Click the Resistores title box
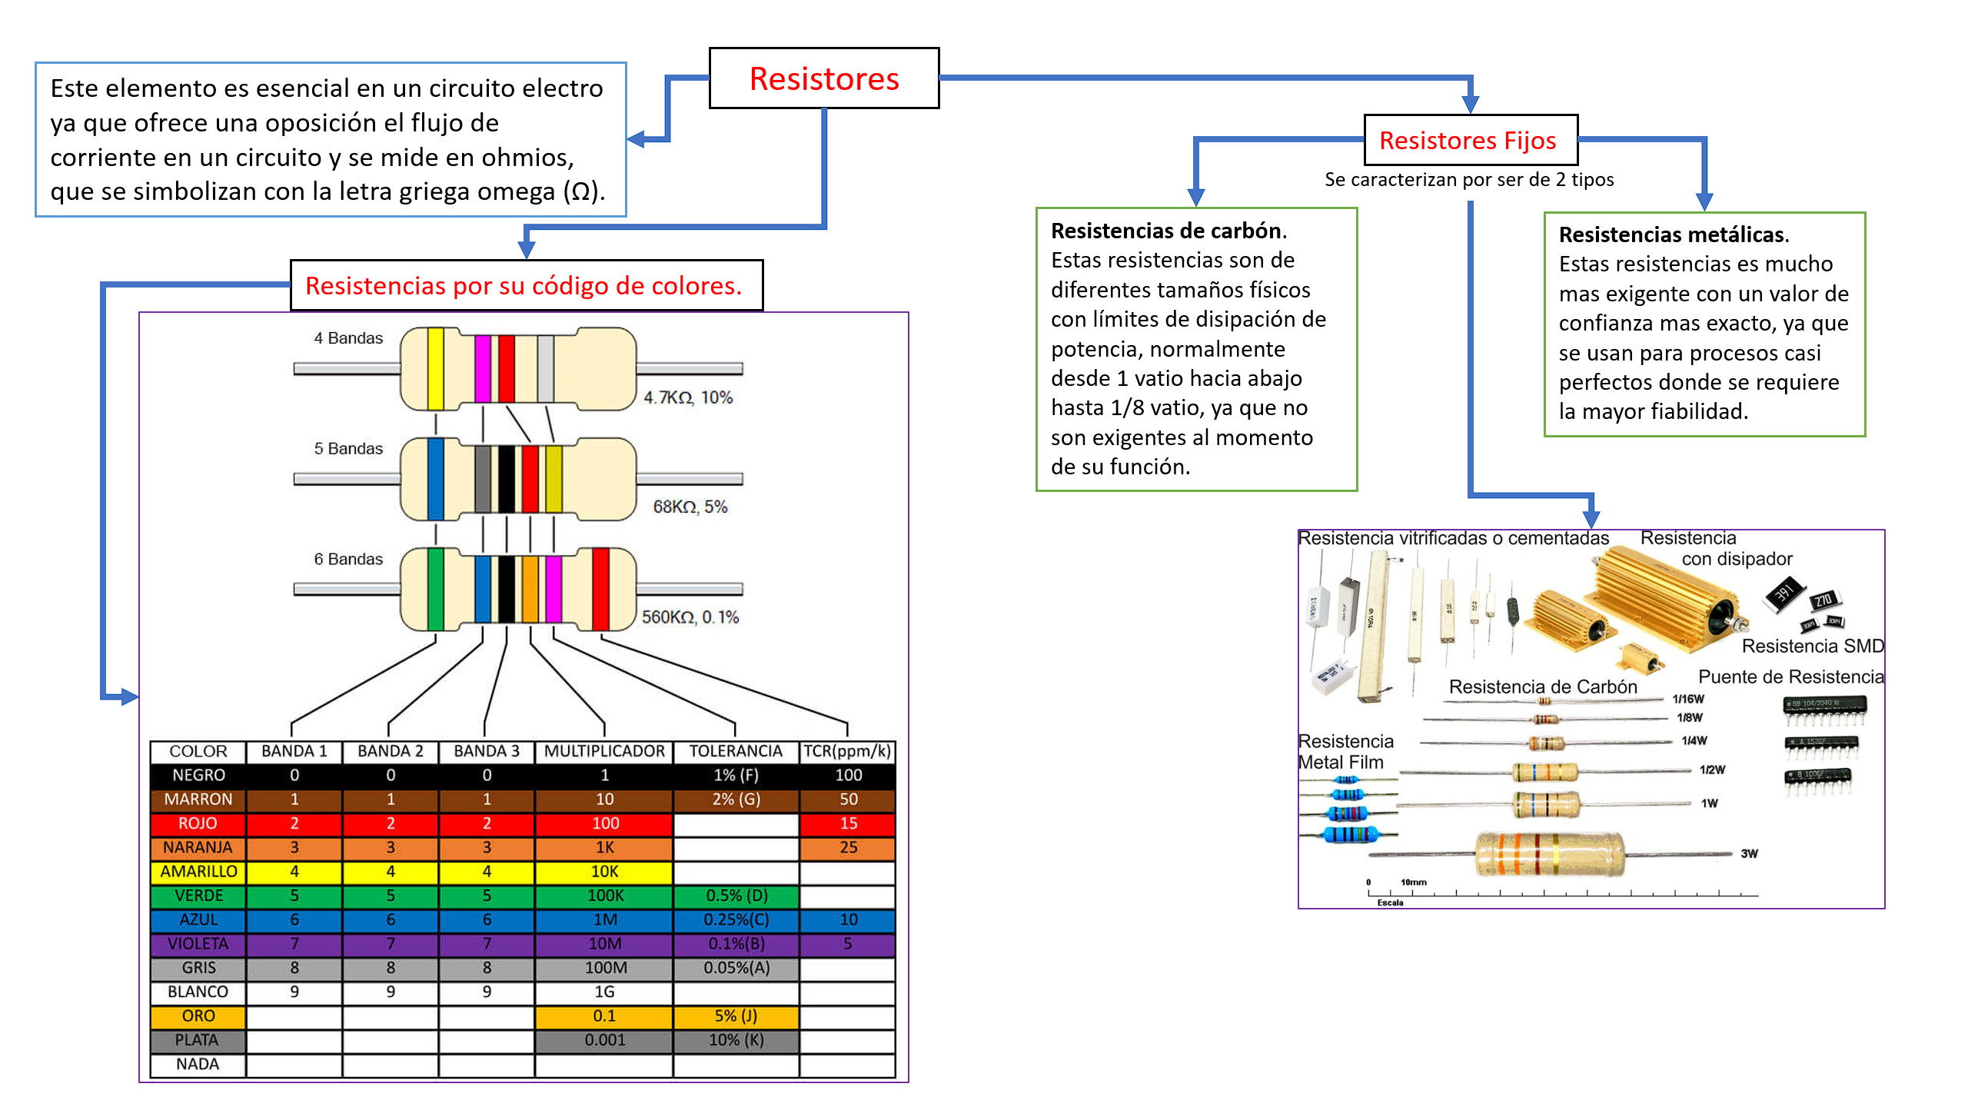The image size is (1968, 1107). (x=823, y=78)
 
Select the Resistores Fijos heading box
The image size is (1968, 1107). (x=1470, y=141)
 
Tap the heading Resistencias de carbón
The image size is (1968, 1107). (x=1168, y=231)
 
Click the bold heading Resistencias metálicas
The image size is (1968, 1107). (x=1674, y=234)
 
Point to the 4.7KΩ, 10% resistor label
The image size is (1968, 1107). (x=687, y=397)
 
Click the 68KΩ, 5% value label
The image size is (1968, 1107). (x=690, y=507)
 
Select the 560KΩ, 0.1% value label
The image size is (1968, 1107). (x=690, y=617)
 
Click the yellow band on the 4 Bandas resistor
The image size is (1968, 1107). (x=435, y=369)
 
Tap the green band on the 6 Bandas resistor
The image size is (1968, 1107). (x=435, y=589)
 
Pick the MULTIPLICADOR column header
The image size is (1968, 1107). (x=604, y=751)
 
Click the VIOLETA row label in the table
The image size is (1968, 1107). (x=198, y=943)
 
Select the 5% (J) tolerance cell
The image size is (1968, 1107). (x=736, y=1016)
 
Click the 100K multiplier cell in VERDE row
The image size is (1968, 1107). (x=604, y=896)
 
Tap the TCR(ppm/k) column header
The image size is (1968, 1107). (x=847, y=751)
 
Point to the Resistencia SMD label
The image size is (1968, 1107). (x=1812, y=646)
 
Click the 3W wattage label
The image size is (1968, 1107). (x=1749, y=853)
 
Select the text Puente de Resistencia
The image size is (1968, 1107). (x=1790, y=676)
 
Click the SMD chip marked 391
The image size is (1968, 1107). (x=1783, y=593)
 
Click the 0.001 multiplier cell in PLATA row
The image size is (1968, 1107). (x=604, y=1039)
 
